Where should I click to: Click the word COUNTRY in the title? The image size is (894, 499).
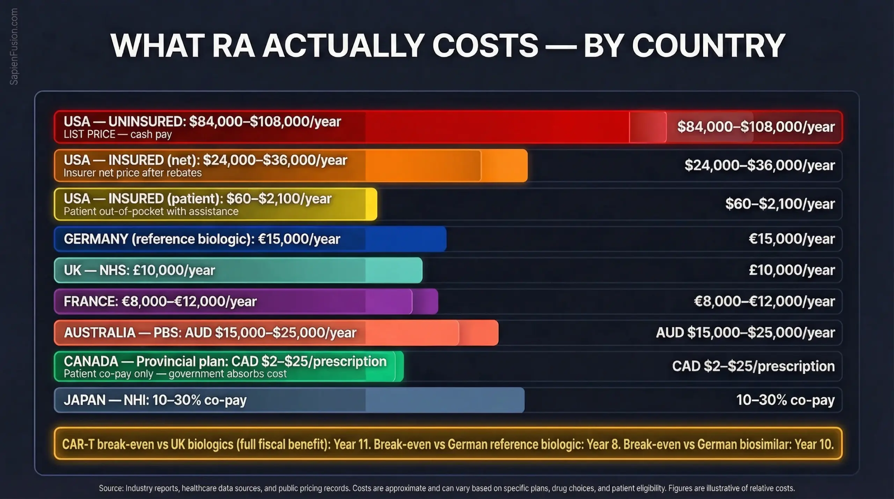[x=709, y=46]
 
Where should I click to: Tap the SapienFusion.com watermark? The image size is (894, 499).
[x=14, y=46]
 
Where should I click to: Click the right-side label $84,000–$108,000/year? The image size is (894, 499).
[x=756, y=127]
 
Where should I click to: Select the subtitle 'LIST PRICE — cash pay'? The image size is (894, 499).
[x=118, y=134]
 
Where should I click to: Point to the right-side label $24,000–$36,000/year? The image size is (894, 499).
[x=759, y=165]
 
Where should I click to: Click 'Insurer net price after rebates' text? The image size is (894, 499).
[x=133, y=173]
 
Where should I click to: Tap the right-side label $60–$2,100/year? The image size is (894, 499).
[x=779, y=204]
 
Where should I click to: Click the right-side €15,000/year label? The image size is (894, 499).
[x=791, y=239]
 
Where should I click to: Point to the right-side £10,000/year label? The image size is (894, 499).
[x=791, y=270]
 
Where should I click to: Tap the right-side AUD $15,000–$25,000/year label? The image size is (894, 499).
[x=745, y=332]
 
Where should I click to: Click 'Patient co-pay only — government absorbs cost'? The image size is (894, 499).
[x=175, y=374]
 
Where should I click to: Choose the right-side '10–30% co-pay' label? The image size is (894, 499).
[x=785, y=400]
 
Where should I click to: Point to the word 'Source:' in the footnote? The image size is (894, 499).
[x=111, y=488]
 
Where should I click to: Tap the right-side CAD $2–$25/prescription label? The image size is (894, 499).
[x=753, y=366]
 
